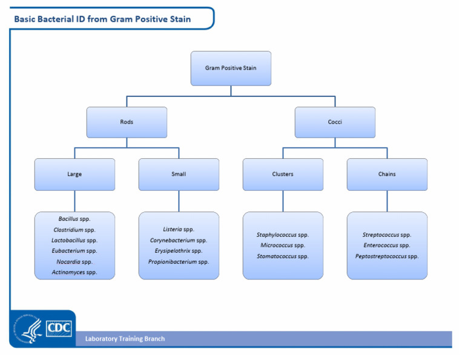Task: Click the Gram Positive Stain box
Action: pyautogui.click(x=231, y=68)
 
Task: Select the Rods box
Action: pyautogui.click(x=127, y=122)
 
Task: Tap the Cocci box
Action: pyautogui.click(x=335, y=122)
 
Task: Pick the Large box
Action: pyautogui.click(x=74, y=174)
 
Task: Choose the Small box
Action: pyautogui.click(x=179, y=174)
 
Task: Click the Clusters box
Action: pyautogui.click(x=283, y=174)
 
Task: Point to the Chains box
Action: pyautogui.click(x=387, y=174)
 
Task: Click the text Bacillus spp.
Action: pyautogui.click(x=74, y=219)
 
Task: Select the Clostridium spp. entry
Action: pyautogui.click(x=74, y=230)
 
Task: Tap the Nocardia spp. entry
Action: pyautogui.click(x=74, y=262)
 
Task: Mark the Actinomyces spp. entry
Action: pyautogui.click(x=74, y=273)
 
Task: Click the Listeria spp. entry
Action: pyautogui.click(x=179, y=229)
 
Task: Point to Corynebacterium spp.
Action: pyautogui.click(x=179, y=240)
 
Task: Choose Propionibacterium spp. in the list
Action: pyautogui.click(x=179, y=262)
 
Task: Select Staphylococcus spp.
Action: pyautogui.click(x=283, y=235)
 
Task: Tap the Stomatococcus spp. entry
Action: pyautogui.click(x=283, y=256)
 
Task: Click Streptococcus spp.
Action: pyautogui.click(x=387, y=235)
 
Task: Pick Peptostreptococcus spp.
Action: pyautogui.click(x=387, y=256)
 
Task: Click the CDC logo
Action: pyautogui.click(x=59, y=328)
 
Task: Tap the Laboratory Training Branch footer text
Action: pyautogui.click(x=125, y=339)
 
